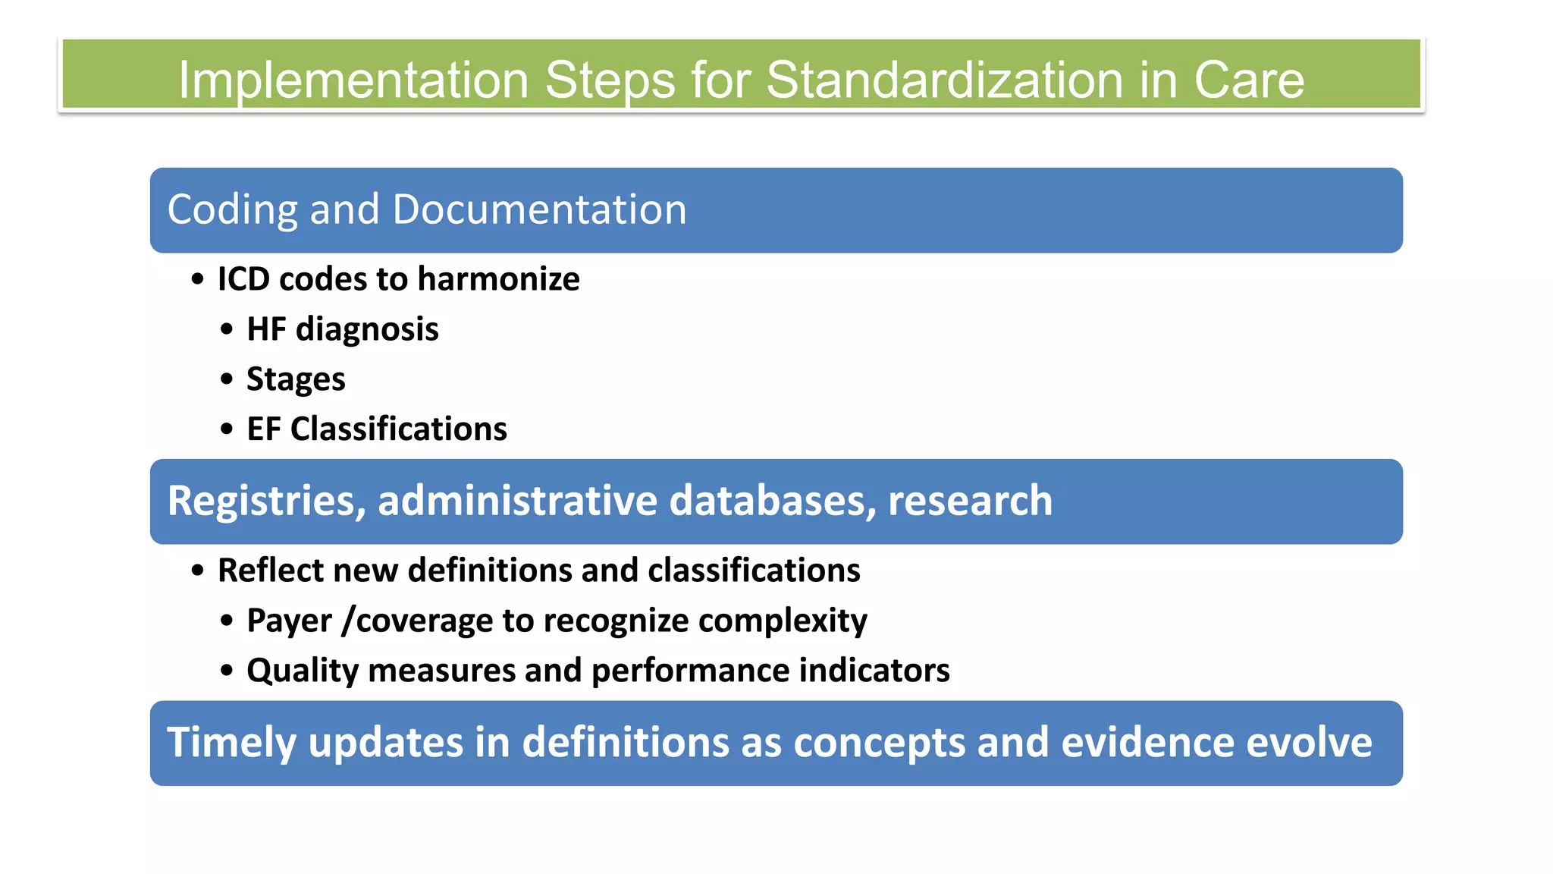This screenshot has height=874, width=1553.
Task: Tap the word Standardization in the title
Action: tap(945, 80)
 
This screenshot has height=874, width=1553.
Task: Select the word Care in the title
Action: tap(1249, 80)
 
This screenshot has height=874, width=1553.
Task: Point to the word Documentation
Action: tap(539, 210)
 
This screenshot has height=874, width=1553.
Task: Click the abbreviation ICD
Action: tap(243, 279)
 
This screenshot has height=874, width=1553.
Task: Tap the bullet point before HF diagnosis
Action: tap(227, 330)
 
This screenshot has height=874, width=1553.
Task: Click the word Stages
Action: tap(296, 379)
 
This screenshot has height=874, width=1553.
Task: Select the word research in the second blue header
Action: tap(970, 501)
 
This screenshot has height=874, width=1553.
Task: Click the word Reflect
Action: tap(269, 571)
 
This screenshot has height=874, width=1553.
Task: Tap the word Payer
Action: tap(289, 621)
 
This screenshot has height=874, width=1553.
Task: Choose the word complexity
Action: tap(783, 621)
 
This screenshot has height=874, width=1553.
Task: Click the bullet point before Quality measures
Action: tap(227, 671)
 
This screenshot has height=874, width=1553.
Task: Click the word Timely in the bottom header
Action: tap(231, 743)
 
